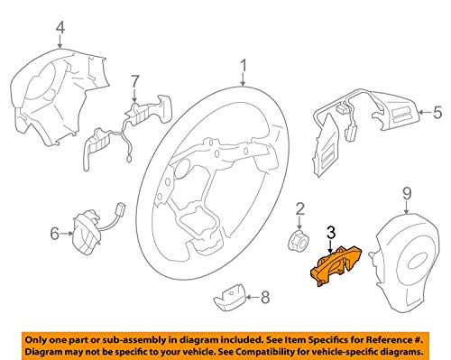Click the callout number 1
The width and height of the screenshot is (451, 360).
pyautogui.click(x=242, y=65)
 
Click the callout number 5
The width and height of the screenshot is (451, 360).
pyautogui.click(x=437, y=113)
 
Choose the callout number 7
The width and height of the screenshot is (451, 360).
pyautogui.click(x=134, y=82)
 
